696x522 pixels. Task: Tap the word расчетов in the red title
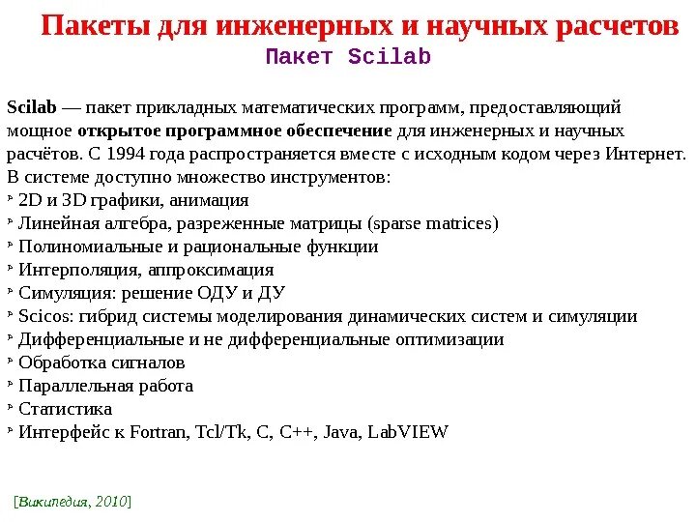618,26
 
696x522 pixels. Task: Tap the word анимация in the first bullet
209,200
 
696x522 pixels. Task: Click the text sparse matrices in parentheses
433,223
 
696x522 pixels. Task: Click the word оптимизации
449,339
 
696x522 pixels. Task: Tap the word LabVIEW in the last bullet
412,432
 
